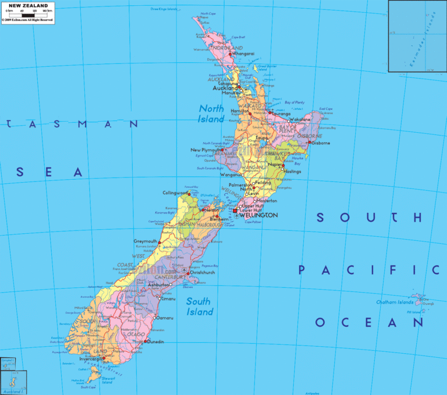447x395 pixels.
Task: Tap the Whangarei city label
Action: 243,54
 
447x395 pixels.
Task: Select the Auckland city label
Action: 225,88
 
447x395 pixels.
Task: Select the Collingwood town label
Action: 176,193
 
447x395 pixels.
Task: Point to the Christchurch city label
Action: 203,272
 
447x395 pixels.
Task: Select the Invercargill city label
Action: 90,359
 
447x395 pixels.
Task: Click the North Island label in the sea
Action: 211,113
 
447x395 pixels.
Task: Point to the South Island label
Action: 198,307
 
